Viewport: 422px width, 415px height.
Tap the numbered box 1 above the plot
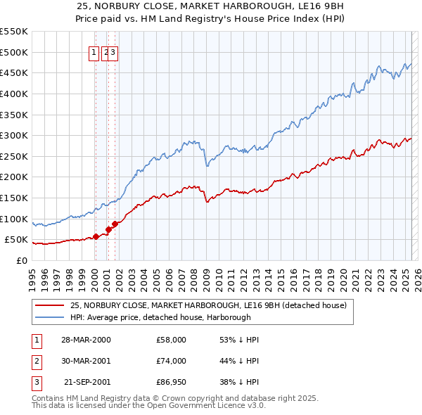94,51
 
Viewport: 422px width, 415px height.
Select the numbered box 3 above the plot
113,51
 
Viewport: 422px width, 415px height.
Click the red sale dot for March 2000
96,236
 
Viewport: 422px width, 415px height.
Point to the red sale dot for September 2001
114,224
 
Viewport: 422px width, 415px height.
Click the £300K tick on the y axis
14,135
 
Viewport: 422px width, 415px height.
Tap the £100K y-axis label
14,219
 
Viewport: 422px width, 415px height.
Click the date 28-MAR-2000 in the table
86,340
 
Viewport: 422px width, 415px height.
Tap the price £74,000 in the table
172,361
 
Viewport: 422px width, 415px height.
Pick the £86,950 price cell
172,382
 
